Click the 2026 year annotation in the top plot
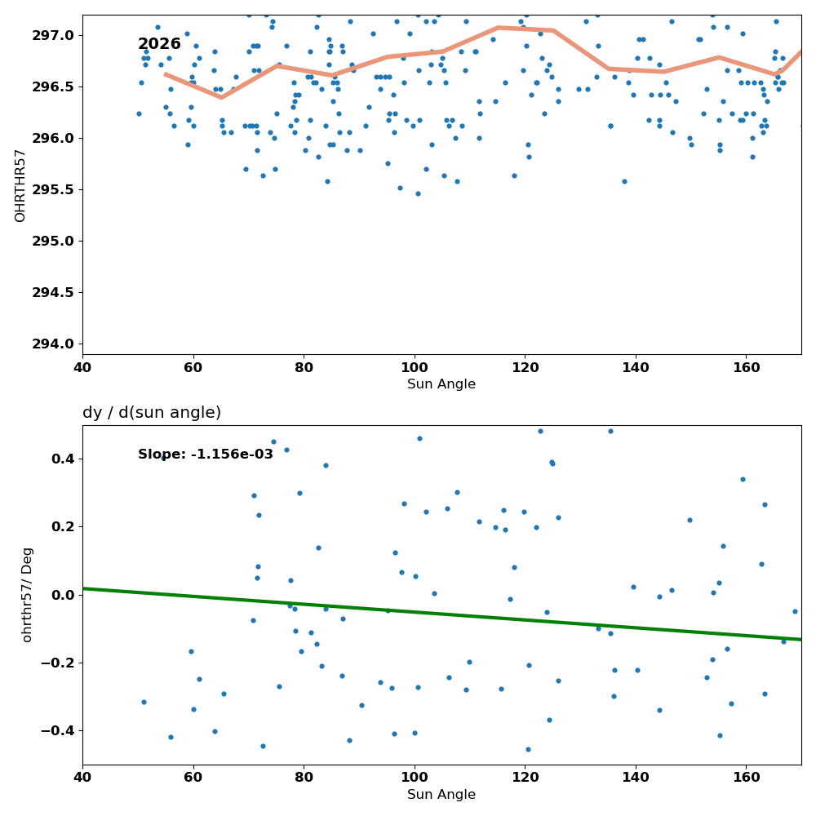159,44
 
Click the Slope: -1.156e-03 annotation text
206,455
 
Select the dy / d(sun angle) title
152,413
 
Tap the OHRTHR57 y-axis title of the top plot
20,186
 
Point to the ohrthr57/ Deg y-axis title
27,595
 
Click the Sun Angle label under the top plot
441,384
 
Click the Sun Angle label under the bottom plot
441,795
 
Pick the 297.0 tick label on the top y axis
53,35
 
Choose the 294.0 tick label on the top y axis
53,344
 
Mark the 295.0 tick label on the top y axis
53,241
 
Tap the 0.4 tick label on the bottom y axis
64,459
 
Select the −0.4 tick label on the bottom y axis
58,731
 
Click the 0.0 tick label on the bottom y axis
64,595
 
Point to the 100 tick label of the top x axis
415,368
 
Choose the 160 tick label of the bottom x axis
747,778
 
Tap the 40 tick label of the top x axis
82,368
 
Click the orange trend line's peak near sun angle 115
498,27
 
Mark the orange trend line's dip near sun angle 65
222,97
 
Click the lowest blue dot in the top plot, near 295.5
418,193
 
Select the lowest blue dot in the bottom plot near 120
528,749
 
